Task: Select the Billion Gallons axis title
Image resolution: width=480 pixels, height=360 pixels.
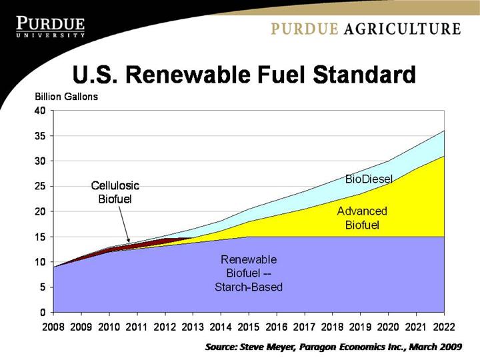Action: coord(66,97)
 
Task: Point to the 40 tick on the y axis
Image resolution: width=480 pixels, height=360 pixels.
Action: coord(41,111)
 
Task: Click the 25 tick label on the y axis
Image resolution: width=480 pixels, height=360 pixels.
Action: coord(41,186)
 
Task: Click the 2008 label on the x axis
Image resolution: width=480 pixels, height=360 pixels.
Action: coord(53,327)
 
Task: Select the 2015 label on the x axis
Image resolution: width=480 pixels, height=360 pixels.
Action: coord(249,327)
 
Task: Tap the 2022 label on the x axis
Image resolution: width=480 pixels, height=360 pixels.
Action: coord(444,327)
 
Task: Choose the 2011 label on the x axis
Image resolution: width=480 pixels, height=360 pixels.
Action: coord(137,327)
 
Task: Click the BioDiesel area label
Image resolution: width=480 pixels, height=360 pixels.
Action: coord(369,179)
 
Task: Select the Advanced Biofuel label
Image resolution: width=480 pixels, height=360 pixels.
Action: coord(361,218)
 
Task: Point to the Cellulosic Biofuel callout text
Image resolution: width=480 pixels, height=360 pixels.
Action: coord(115,192)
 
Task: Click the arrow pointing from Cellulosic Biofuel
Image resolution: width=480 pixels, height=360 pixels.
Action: coord(123,224)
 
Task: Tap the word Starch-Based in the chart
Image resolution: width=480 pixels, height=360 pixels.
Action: coord(249,287)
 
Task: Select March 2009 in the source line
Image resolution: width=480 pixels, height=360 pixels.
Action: coord(437,347)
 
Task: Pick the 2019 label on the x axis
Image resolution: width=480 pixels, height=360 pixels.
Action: coord(360,327)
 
